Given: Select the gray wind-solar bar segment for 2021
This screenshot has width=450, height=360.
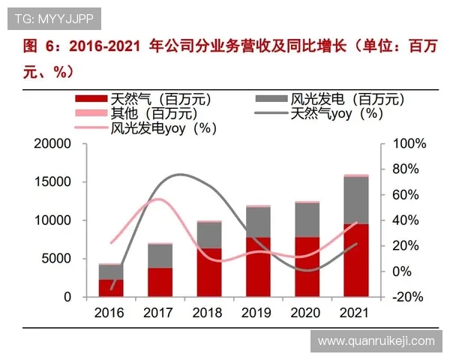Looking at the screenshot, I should pos(355,200).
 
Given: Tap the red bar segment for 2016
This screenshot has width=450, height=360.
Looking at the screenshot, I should pos(111,288).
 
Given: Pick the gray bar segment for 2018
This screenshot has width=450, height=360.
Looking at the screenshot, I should pos(209,235).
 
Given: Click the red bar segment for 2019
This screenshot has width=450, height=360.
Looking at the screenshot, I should pos(258,267).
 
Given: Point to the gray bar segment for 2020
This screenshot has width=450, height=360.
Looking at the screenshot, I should pos(307,220).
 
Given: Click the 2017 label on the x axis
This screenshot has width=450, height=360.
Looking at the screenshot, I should pos(160,311).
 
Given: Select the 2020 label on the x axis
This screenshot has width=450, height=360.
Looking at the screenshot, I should pos(307,311).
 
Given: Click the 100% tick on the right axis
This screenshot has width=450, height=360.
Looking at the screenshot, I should pos(409,144).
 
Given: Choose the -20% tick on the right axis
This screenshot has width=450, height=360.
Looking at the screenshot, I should pos(409,297).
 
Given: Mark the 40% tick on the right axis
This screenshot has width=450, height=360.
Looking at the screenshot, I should pos(409,220).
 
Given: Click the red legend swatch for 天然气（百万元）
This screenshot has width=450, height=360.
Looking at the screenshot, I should pos(91,98).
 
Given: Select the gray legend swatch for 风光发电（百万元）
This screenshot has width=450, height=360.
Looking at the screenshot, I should pos(271,98).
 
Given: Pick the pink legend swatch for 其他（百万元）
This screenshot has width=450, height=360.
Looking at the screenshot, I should pos(91,112).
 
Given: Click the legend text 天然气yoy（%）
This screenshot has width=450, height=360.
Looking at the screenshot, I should pos(337,113).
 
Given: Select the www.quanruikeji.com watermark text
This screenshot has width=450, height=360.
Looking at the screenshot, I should pos(376,340).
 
